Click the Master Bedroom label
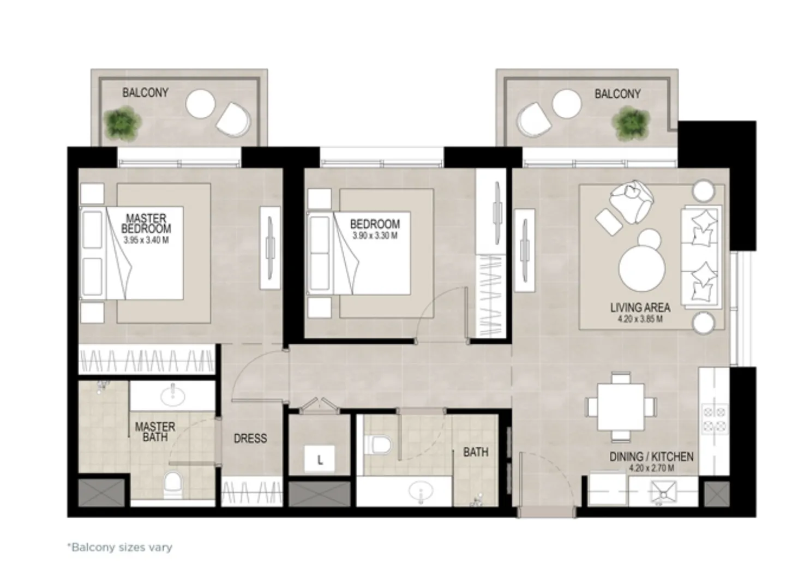[x=146, y=224]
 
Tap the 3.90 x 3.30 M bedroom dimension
[x=375, y=236]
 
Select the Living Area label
[x=640, y=308]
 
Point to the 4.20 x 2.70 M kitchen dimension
[x=651, y=468]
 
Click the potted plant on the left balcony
[x=123, y=122]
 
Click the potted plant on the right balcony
[x=631, y=122]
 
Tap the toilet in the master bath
[x=173, y=483]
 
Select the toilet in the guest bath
[x=380, y=444]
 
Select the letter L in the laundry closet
[x=320, y=460]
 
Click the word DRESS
[x=250, y=438]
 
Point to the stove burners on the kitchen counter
[x=713, y=419]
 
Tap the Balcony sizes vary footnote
[x=119, y=547]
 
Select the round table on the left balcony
[x=200, y=104]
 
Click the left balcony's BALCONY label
[x=145, y=92]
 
